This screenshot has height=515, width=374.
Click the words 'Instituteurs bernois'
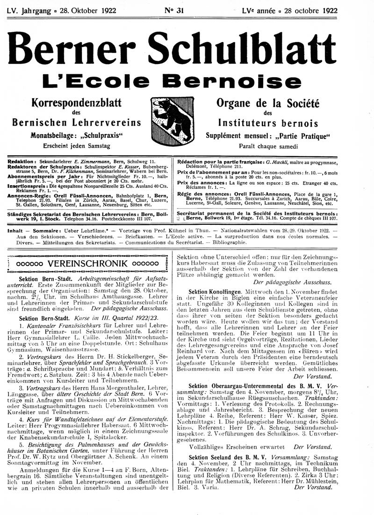coord(268,123)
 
